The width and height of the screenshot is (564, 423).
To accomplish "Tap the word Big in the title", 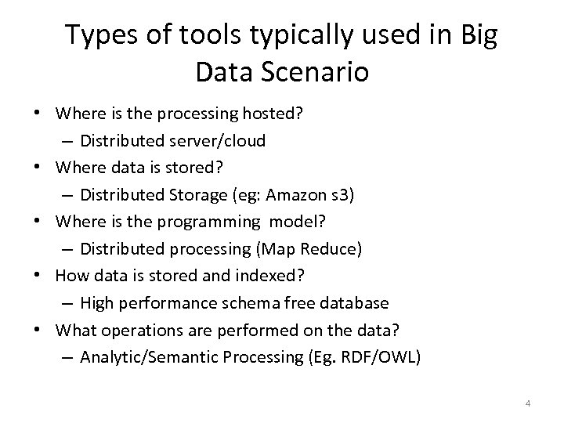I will [475, 34].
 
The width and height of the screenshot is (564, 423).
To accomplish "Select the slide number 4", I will [528, 403].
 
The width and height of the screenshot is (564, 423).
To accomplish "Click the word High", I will [94, 304].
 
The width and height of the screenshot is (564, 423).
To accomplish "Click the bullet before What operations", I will [39, 331].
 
